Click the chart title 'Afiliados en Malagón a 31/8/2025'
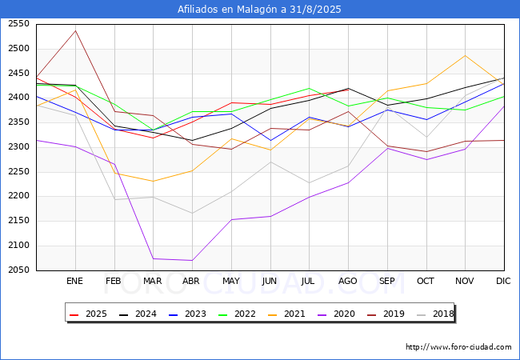pos(260,10)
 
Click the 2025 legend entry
pos(88,314)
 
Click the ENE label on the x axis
pos(74,281)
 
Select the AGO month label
pos(348,281)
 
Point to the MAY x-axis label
pos(230,281)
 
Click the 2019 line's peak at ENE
pos(75,30)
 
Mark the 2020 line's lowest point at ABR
pos(192,260)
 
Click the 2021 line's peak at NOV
pos(466,55)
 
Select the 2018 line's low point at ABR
pos(192,214)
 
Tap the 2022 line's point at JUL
pos(309,88)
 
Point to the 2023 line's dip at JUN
pos(270,141)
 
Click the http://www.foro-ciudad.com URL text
pos(458,347)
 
